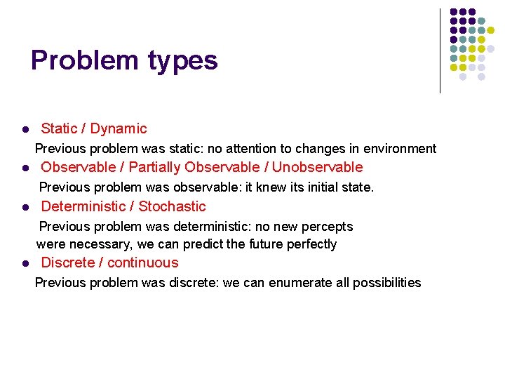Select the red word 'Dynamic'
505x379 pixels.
tap(119, 128)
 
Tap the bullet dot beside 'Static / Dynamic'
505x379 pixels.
tap(24, 130)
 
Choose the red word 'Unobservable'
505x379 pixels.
tap(317, 167)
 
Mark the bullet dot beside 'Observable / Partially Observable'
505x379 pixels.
tap(24, 168)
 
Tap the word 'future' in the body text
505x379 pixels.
tap(259, 244)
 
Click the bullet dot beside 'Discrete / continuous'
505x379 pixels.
tap(24, 264)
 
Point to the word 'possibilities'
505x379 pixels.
tap(386, 283)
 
